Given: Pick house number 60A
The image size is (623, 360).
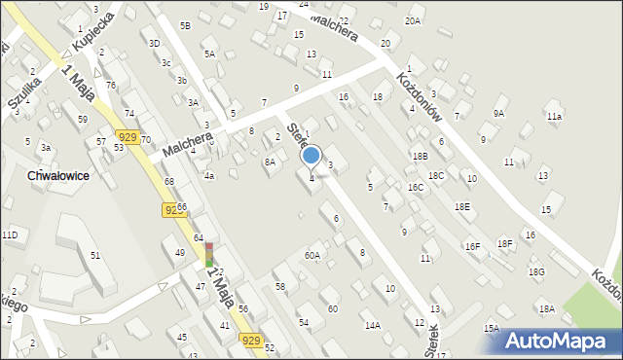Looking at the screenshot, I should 311,256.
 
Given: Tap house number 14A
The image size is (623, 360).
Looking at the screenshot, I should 372,325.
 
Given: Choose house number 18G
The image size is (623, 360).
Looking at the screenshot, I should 536,272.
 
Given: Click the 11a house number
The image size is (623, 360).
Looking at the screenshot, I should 554,117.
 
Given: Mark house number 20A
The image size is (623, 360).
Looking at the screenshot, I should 413,20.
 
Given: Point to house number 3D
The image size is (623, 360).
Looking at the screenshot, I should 154,43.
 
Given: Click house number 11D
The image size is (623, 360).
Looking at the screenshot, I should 10,235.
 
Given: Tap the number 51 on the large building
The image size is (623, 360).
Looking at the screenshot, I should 95,255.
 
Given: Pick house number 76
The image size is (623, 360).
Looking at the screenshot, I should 111,86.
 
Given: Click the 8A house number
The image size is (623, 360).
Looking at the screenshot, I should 270,162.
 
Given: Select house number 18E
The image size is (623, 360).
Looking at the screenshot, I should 461,206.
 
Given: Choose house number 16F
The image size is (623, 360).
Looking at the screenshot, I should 472,247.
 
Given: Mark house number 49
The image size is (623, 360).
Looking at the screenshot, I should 180,253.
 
